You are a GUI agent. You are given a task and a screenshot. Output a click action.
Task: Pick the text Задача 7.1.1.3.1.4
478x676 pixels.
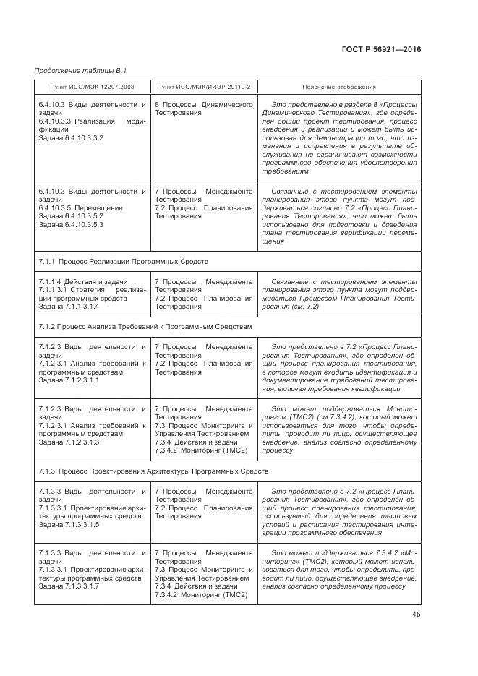pyautogui.click(x=69, y=307)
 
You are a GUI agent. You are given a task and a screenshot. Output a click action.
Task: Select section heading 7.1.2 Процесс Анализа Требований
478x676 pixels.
pyautogui.click(x=144, y=327)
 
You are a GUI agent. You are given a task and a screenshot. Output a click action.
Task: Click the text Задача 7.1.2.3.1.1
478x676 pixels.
pyautogui.click(x=69, y=380)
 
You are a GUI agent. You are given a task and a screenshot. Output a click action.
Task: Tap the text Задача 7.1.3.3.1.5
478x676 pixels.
pyautogui.click(x=69, y=524)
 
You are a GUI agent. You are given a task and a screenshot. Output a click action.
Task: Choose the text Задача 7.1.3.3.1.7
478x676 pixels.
pyautogui.click(x=69, y=586)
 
